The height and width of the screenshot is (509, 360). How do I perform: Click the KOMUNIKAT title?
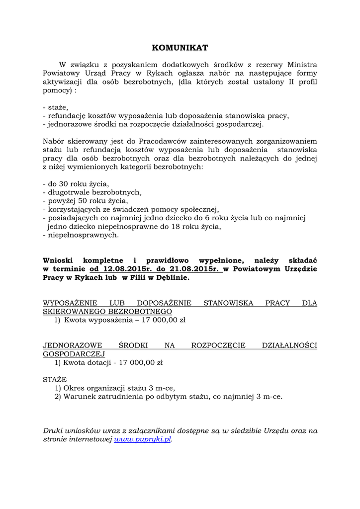pos(180,48)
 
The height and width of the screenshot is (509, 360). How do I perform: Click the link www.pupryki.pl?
pos(142,439)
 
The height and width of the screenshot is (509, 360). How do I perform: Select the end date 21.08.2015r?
pos(194,269)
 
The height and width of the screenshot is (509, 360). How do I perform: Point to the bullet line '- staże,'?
pos(56,107)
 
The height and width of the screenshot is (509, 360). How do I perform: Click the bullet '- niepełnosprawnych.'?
pos(81,235)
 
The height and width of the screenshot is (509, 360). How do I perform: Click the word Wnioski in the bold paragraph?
pos(59,260)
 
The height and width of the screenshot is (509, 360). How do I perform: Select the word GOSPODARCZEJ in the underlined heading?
pos(74,354)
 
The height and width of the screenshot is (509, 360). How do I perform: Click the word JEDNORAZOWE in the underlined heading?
pos(73,345)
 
